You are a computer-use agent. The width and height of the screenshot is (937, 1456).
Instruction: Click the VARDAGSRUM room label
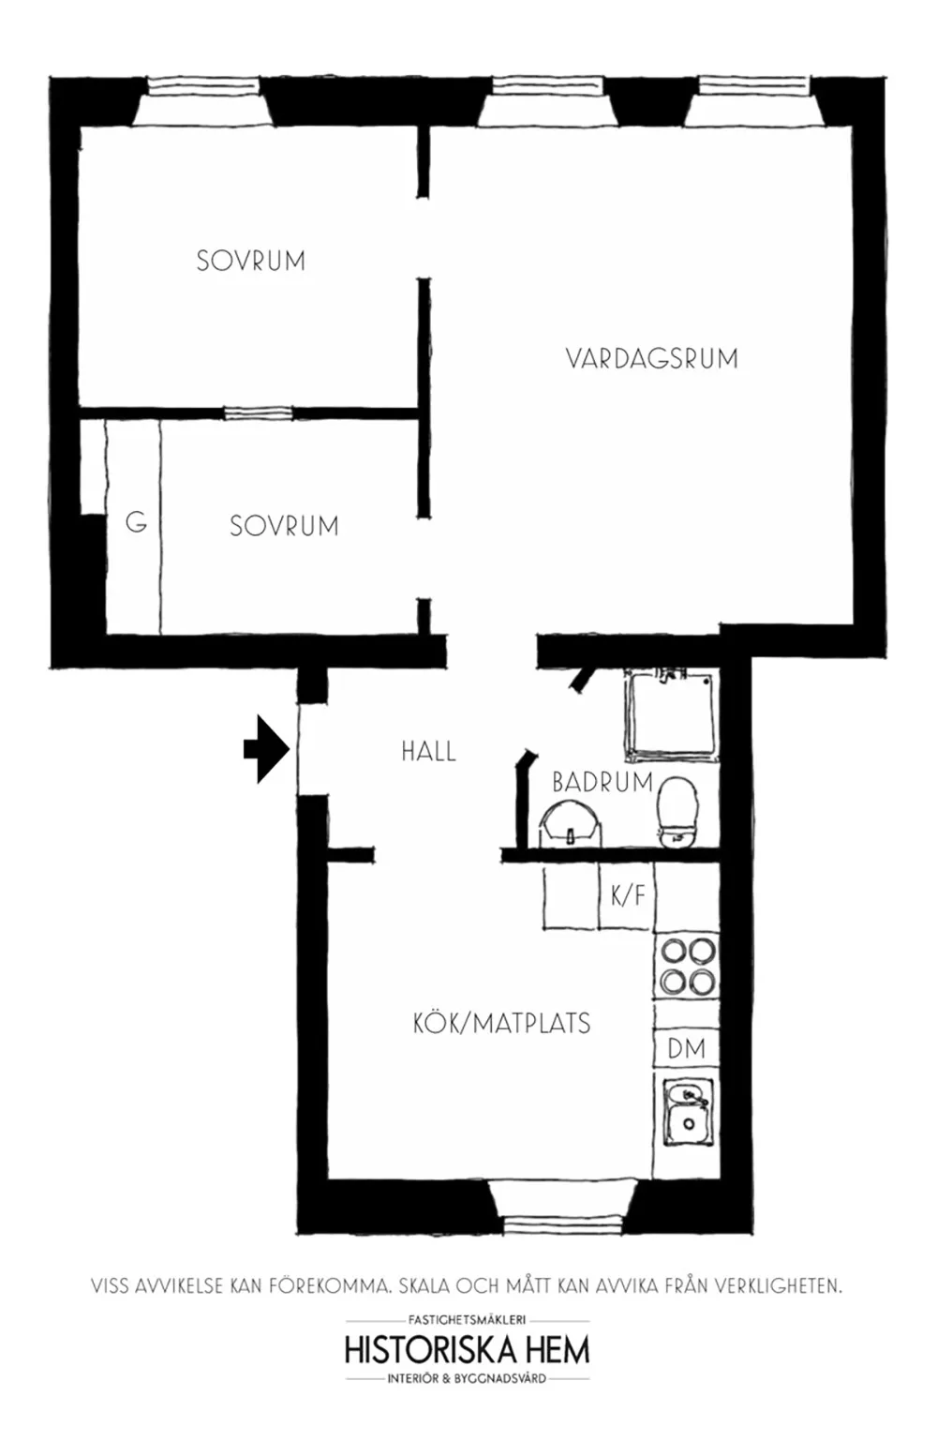[652, 359]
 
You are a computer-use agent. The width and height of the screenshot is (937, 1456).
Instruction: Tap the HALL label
[428, 751]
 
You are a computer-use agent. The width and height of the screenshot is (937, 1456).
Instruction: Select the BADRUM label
[602, 782]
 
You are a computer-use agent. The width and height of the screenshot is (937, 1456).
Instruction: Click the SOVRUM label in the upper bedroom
[251, 261]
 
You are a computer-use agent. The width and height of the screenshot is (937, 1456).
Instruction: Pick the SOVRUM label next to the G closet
[284, 526]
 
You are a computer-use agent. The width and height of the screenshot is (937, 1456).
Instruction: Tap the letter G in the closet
[136, 522]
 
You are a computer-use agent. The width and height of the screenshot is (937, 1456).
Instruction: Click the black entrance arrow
[266, 749]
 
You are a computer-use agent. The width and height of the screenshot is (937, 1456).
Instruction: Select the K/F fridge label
[628, 895]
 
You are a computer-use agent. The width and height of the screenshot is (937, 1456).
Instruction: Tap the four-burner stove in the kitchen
[688, 966]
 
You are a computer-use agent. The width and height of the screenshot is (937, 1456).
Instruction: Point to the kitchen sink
[688, 1112]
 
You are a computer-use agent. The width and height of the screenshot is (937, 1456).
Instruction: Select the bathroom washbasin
[569, 823]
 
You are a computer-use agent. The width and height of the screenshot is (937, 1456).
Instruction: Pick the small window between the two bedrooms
[258, 413]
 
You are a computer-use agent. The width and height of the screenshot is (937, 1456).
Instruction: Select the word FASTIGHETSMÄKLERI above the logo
[468, 1320]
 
